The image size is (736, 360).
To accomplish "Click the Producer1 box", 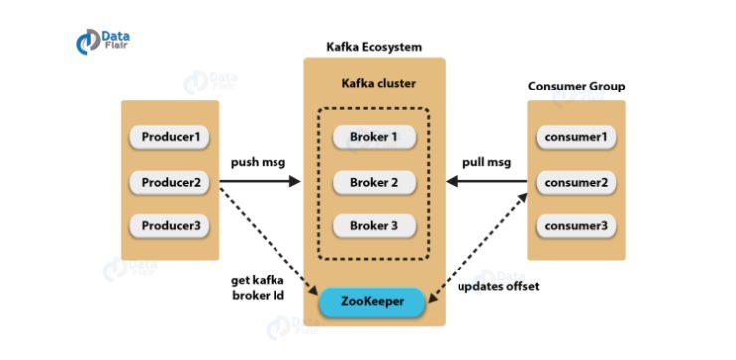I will point(169,136).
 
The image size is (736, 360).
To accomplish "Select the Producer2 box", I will point(169,182).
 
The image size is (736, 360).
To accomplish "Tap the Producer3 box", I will point(169,226).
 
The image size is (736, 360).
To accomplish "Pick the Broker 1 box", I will point(373,136).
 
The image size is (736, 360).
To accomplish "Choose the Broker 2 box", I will point(373,182).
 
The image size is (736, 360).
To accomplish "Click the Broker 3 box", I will point(373,226).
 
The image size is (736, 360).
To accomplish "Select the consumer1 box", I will point(577,136).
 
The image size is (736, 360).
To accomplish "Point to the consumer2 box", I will point(577,182).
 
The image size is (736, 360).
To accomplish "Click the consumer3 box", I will point(577,226).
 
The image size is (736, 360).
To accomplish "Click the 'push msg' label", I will point(259,162).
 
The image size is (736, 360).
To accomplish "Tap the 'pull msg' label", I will point(487,162).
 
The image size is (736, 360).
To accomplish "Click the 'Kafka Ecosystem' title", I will point(374,47).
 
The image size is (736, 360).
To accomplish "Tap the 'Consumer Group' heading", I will point(577,86).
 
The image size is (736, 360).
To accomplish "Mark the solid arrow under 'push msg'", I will point(259,182).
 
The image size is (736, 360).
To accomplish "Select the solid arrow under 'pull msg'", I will point(487,182).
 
